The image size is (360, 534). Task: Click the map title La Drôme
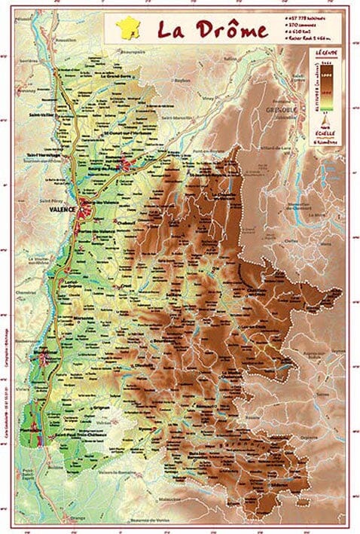point(212,30)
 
